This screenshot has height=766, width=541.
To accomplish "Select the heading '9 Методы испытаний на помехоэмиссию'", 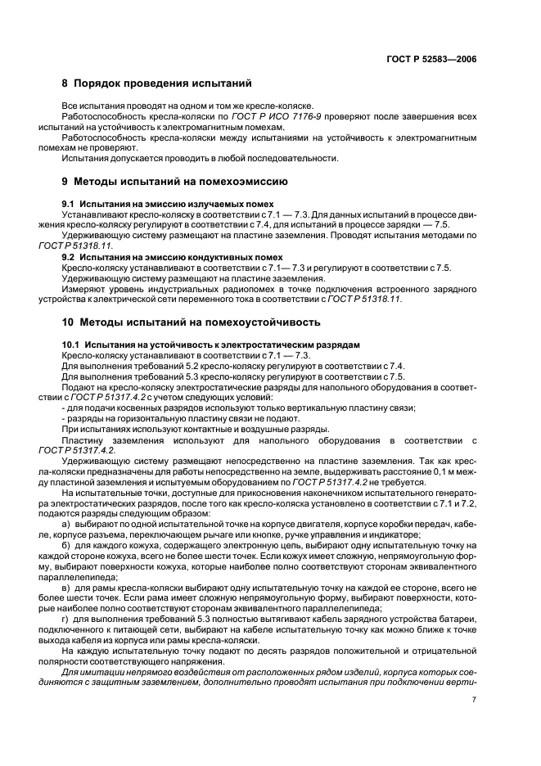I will coord(174,179).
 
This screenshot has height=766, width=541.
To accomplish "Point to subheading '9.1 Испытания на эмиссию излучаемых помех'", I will coord(168,202).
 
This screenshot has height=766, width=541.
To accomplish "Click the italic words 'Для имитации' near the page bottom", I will coord(89,673).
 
